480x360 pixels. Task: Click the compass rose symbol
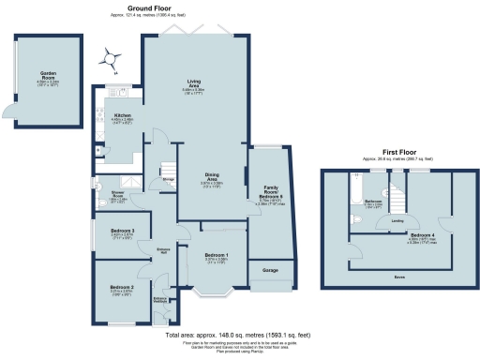pos(113,60)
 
